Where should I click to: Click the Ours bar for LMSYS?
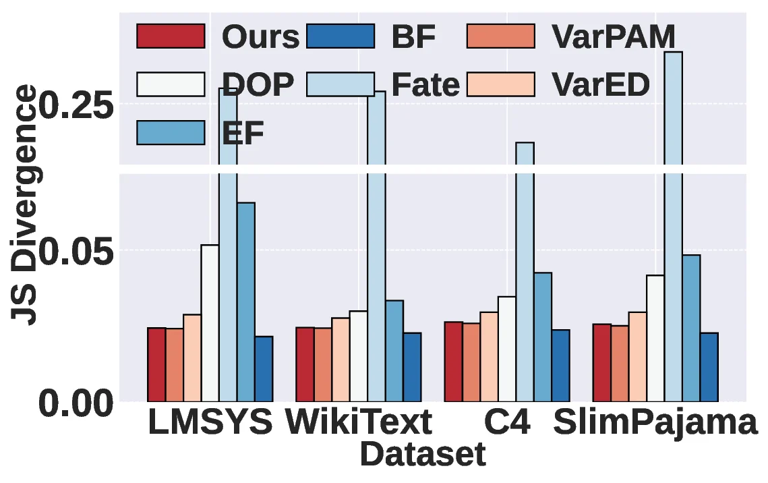click(x=156, y=364)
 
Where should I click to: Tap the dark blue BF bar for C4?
click(x=560, y=366)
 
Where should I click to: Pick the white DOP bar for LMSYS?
click(x=210, y=323)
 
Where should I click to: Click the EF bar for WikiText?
click(x=394, y=351)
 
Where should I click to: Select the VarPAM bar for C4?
click(x=471, y=362)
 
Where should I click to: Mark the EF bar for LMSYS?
click(x=245, y=302)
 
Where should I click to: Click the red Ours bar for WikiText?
click(x=305, y=364)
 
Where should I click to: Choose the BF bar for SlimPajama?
click(x=709, y=367)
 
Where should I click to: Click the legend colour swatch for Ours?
click(x=171, y=36)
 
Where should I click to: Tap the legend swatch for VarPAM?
click(x=500, y=36)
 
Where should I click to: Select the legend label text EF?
click(x=243, y=133)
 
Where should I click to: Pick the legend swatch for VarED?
click(x=500, y=84)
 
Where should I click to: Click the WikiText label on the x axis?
click(x=358, y=423)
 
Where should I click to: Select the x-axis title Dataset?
click(x=423, y=455)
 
